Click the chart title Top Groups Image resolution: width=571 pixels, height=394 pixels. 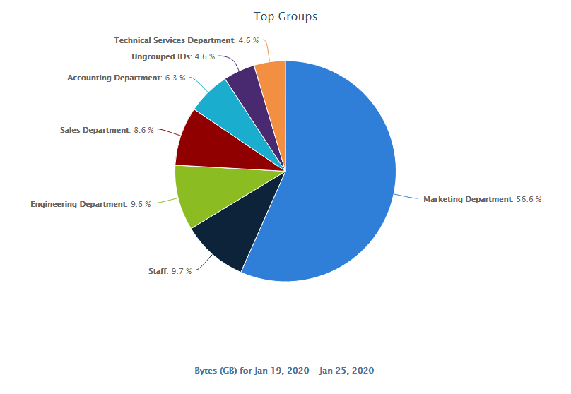click(285, 16)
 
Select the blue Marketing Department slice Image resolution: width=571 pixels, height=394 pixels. click(339, 177)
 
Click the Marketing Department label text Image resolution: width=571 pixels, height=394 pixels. click(467, 199)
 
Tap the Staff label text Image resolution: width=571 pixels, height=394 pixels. click(158, 270)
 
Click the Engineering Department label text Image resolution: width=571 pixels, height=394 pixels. click(78, 204)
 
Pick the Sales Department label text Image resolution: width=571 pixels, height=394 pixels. click(95, 130)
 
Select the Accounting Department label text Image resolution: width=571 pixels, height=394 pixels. click(114, 78)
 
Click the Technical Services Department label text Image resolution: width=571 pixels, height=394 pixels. click(174, 40)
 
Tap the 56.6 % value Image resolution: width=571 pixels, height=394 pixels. click(529, 199)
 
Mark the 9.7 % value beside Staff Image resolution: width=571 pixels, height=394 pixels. click(181, 270)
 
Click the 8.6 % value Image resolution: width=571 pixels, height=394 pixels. click(143, 130)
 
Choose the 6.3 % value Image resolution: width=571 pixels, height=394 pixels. click(174, 78)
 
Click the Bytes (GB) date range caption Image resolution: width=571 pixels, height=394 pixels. click(284, 370)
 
